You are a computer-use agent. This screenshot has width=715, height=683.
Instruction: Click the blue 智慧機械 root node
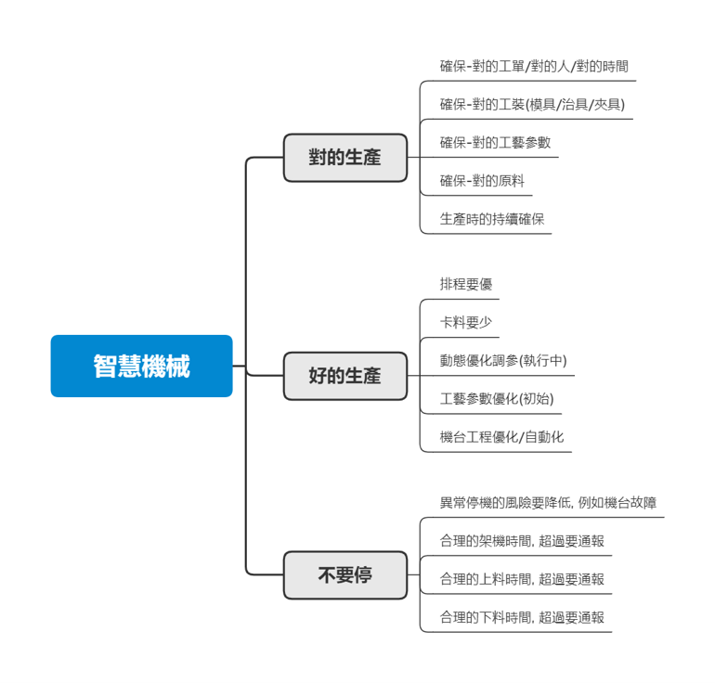point(141,366)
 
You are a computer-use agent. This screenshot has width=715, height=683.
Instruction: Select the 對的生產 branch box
point(344,158)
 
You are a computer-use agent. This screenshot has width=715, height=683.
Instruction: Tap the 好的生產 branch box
point(344,376)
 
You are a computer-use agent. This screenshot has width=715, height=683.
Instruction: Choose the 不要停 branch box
point(344,575)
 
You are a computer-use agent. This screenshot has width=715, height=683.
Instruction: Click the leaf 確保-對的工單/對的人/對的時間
point(534,67)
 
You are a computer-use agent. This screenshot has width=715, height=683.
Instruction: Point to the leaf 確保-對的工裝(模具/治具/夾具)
point(532,105)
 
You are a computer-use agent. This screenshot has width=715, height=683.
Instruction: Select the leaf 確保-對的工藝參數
point(495,143)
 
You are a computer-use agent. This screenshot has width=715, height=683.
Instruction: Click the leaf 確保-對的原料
point(482,181)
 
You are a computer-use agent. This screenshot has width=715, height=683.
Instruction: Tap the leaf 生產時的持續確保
point(491,220)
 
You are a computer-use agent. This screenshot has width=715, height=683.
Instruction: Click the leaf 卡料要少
point(466,323)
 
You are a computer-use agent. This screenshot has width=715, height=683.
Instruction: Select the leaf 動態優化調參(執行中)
point(503,361)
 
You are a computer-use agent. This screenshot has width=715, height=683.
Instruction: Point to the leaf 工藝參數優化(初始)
point(497,399)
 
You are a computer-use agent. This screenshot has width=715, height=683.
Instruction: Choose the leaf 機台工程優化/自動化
point(501,437)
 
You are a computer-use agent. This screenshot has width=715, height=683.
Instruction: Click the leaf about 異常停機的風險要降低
point(548,503)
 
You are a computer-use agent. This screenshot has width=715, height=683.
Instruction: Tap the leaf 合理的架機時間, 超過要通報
point(522,541)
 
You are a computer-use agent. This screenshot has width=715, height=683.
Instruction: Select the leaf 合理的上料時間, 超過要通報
point(522,580)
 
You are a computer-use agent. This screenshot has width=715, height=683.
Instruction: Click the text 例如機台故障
point(617,503)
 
